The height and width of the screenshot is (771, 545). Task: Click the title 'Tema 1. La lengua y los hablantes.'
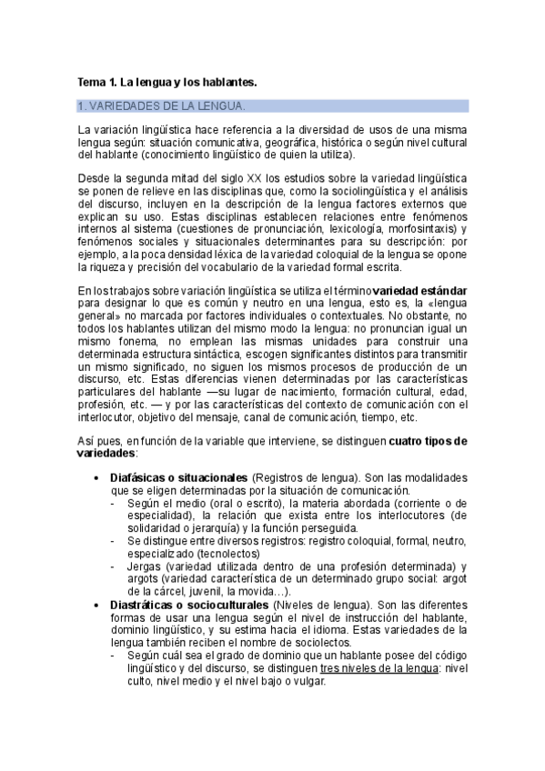coord(167,83)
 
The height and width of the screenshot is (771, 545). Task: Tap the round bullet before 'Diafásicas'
coord(97,477)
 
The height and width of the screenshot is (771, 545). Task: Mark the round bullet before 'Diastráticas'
coord(97,605)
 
